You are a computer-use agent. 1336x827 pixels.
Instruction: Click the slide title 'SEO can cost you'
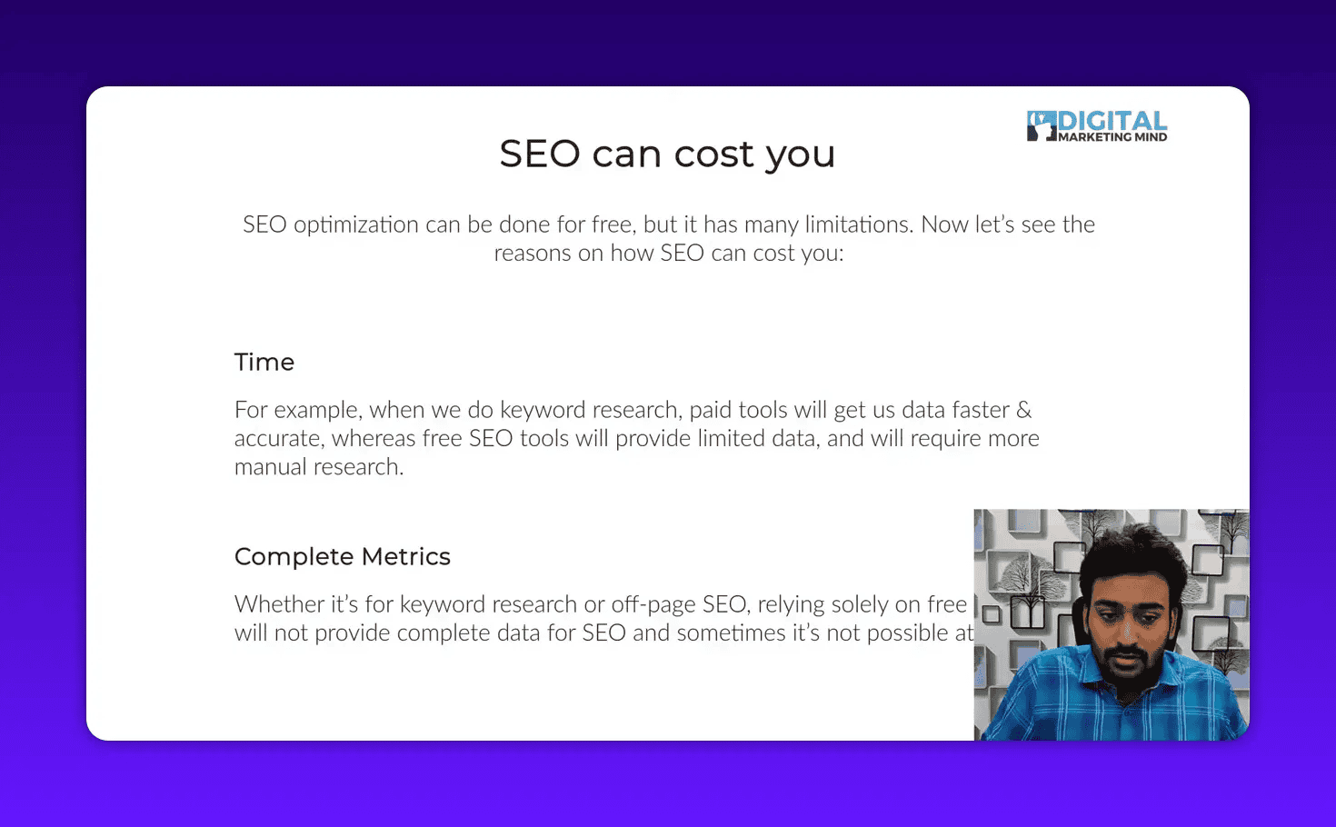pyautogui.click(x=667, y=154)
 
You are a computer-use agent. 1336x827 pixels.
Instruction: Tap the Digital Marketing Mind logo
pyautogui.click(x=1097, y=126)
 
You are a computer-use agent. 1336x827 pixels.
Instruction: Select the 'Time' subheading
pyautogui.click(x=264, y=362)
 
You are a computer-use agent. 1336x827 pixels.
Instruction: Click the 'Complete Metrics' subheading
pyautogui.click(x=343, y=556)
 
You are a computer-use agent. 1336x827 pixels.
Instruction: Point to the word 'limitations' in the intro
pyautogui.click(x=859, y=224)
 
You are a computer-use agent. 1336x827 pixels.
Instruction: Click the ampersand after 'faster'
pyautogui.click(x=1023, y=410)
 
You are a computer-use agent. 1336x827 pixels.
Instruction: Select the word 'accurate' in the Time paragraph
pyautogui.click(x=277, y=439)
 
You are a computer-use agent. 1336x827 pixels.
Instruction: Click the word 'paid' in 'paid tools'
pyautogui.click(x=710, y=410)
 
